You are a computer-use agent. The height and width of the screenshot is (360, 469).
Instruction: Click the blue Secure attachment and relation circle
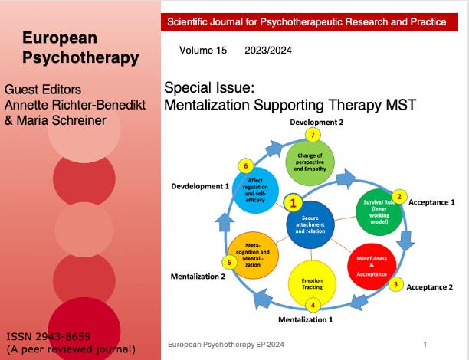click(x=311, y=224)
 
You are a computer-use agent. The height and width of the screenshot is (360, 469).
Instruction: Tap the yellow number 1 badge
click(x=291, y=204)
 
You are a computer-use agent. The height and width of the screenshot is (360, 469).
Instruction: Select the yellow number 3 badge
click(x=395, y=284)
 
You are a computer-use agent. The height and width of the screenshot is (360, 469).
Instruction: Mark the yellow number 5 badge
click(x=228, y=263)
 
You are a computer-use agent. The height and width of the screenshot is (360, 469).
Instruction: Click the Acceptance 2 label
click(x=430, y=287)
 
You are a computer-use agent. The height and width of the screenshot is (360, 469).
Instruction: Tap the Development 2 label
click(x=316, y=123)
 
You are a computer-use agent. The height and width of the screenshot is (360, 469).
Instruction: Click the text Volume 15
click(x=203, y=51)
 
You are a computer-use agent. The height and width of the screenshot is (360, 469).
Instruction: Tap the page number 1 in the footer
click(x=425, y=345)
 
